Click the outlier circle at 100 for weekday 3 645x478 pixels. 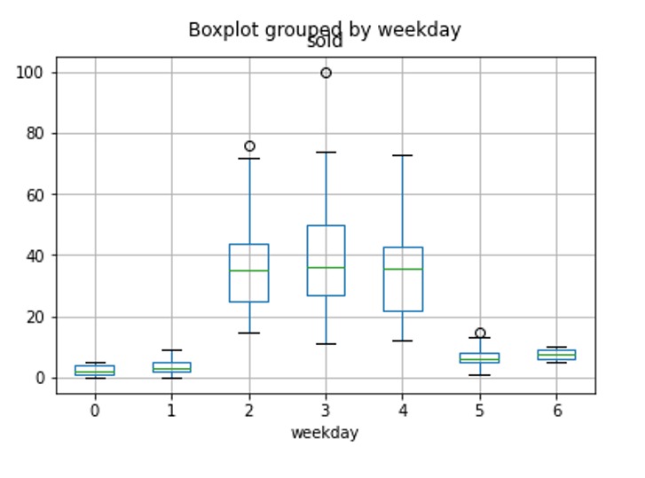click(x=326, y=73)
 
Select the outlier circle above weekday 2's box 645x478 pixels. click(x=249, y=145)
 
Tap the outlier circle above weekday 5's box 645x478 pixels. click(x=480, y=333)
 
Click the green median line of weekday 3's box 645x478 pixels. click(x=326, y=268)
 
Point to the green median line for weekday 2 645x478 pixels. click(x=249, y=270)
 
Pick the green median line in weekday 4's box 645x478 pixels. click(x=403, y=269)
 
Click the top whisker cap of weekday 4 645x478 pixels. click(x=403, y=155)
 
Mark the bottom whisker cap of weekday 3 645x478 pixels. click(x=326, y=344)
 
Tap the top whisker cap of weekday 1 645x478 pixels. click(x=172, y=350)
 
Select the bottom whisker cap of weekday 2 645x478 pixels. click(x=249, y=333)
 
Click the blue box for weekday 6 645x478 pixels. click(x=556, y=354)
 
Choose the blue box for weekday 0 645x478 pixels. click(x=95, y=370)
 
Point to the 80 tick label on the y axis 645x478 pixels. click(x=35, y=134)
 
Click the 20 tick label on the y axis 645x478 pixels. click(x=35, y=317)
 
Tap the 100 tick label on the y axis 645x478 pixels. click(x=31, y=73)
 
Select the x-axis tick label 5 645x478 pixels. click(x=480, y=411)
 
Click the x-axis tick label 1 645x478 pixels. click(x=172, y=411)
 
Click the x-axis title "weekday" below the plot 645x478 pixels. click(x=325, y=433)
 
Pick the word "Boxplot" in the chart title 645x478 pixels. click(x=220, y=30)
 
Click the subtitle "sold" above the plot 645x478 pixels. click(x=325, y=42)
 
